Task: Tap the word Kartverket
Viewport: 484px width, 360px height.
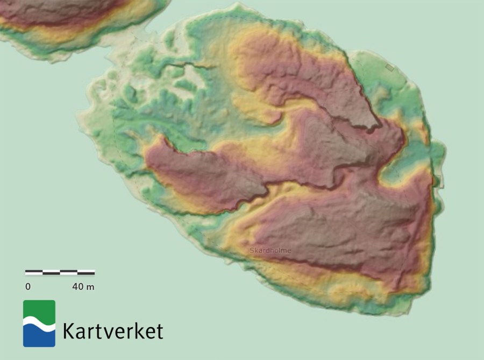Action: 112,330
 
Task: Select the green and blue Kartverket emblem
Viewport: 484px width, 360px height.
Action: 39,323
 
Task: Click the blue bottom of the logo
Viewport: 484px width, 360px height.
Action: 39,338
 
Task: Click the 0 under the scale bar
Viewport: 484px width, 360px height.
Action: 27,287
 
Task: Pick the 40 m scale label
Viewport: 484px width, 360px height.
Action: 83,287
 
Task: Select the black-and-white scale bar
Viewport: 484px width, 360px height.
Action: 60,273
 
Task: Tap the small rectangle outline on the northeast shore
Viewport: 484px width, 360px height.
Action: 390,67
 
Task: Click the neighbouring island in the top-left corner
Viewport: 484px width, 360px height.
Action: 65,22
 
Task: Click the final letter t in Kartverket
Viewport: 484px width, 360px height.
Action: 159,331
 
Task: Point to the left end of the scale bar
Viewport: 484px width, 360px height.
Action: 26,273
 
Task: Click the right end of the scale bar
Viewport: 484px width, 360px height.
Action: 95,273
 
